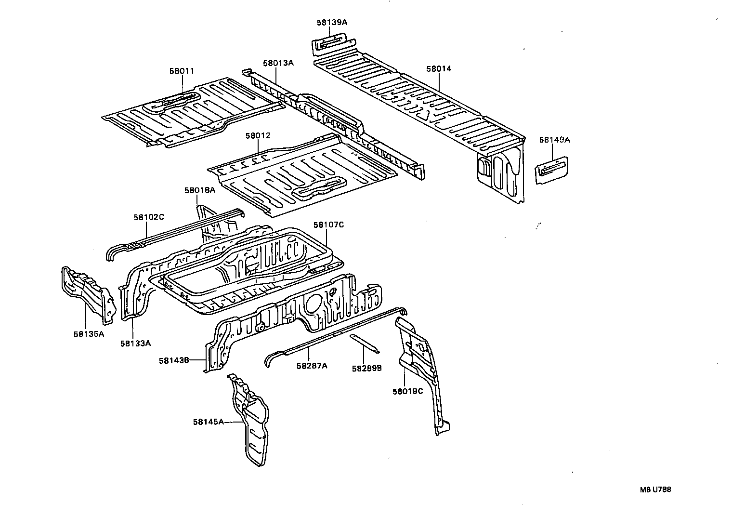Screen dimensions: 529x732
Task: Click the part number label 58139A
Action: click(332, 22)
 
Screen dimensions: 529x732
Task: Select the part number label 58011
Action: click(182, 71)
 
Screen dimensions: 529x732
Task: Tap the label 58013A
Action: click(278, 63)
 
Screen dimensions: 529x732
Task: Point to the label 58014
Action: click(438, 69)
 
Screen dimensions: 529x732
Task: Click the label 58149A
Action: click(554, 140)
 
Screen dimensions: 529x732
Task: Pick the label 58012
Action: click(258, 136)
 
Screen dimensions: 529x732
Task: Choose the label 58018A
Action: click(199, 190)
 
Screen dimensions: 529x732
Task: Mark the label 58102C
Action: click(149, 217)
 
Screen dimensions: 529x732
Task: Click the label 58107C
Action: click(328, 225)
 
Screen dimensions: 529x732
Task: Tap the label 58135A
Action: click(89, 333)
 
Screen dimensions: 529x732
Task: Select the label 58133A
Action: click(135, 343)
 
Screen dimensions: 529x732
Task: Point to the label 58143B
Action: click(174, 360)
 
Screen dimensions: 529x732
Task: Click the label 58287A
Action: click(312, 366)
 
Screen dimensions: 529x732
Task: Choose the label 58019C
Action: click(407, 391)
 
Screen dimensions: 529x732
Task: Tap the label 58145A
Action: click(209, 422)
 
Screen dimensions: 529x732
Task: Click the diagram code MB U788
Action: click(655, 489)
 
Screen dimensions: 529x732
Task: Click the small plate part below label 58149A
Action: click(552, 169)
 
